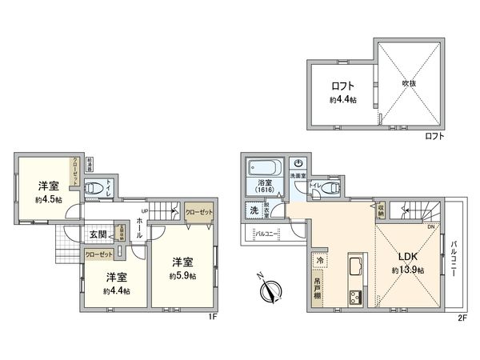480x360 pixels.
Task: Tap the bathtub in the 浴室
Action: tap(263, 169)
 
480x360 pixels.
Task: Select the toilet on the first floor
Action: tap(95, 190)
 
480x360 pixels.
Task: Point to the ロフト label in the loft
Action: tap(343, 86)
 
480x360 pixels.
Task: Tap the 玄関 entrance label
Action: tap(98, 234)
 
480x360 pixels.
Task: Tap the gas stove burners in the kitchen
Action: tap(353, 298)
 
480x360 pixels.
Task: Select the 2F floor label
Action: tap(462, 318)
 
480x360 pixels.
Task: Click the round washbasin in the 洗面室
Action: tap(298, 163)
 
